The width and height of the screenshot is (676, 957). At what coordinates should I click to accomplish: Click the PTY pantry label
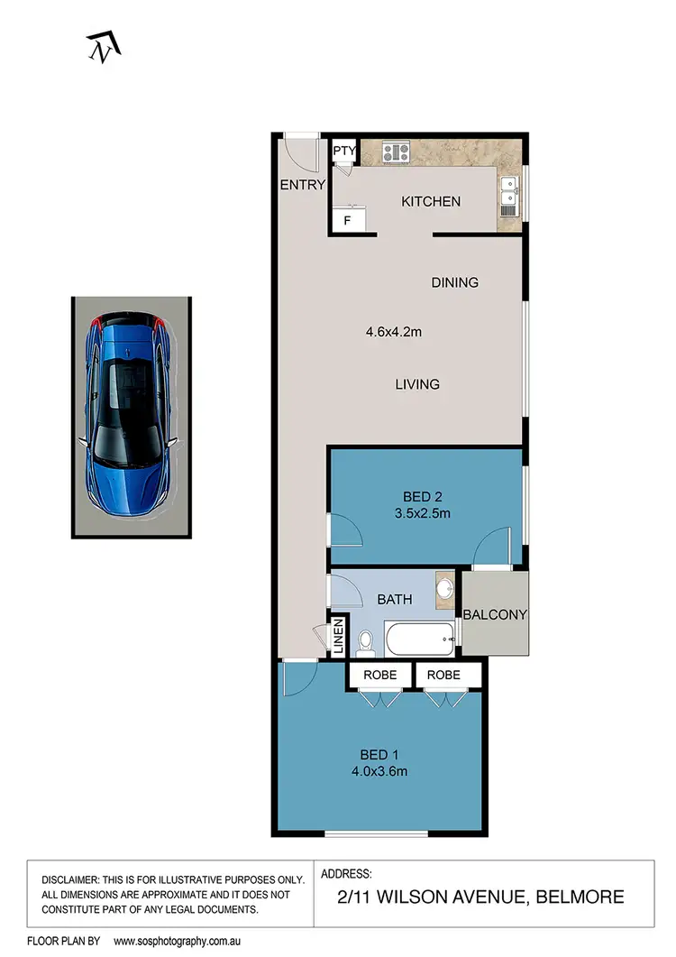coord(344,152)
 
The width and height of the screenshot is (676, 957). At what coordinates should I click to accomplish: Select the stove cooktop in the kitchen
coord(396,152)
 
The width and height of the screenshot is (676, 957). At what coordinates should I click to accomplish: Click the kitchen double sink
coord(508,192)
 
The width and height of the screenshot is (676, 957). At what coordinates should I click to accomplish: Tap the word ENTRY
coord(302,185)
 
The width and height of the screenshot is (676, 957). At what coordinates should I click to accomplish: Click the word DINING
coord(454,282)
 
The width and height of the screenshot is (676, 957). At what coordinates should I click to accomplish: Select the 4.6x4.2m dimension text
coord(394,331)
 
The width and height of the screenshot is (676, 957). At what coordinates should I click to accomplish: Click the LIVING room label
coord(417,384)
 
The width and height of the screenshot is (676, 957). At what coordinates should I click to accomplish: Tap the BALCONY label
coord(495,615)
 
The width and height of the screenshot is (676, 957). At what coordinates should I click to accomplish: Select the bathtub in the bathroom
coord(420,640)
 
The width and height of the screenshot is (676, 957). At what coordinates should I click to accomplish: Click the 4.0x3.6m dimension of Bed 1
coord(380,770)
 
